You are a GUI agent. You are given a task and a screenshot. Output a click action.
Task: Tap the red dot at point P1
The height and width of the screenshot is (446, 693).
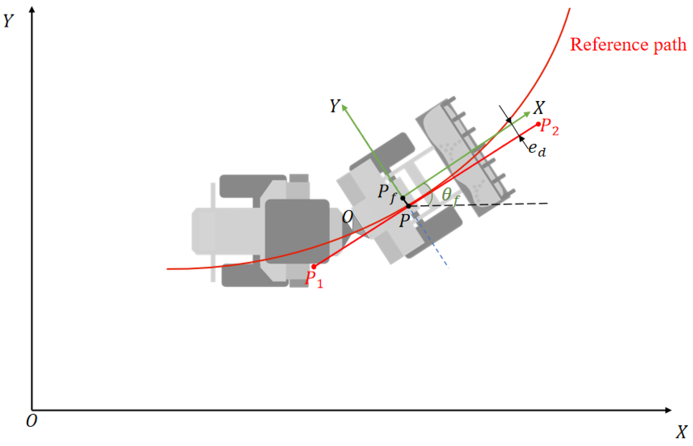pyautogui.click(x=313, y=267)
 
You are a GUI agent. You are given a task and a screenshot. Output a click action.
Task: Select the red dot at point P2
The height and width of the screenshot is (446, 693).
pyautogui.click(x=538, y=124)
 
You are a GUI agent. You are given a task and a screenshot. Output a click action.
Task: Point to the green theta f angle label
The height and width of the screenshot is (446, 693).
pyautogui.click(x=450, y=196)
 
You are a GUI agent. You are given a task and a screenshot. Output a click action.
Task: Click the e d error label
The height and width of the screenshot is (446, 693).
pyautogui.click(x=537, y=150)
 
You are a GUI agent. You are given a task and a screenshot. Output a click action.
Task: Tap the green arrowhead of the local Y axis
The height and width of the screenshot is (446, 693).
pyautogui.click(x=344, y=107)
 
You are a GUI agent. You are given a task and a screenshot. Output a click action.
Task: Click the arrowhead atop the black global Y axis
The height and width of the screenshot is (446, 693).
pyautogui.click(x=32, y=9)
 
